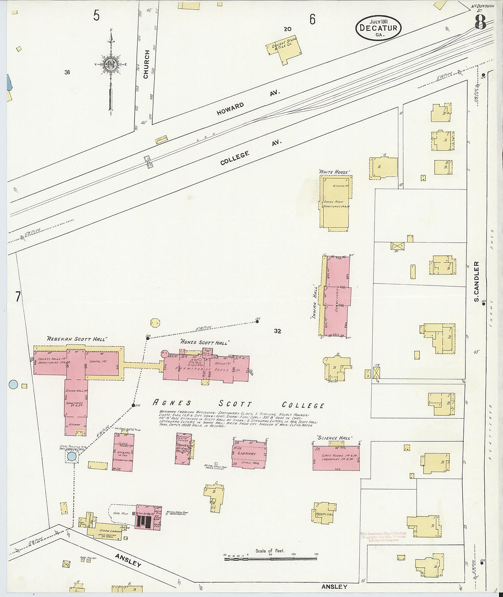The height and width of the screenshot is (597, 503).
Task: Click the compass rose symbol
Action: [x=110, y=65]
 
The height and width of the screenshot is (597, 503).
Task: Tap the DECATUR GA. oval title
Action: [x=378, y=27]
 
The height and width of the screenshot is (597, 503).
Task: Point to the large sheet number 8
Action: [x=480, y=22]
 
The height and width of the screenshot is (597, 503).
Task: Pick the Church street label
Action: [x=146, y=64]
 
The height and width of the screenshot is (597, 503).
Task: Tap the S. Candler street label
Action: [x=476, y=281]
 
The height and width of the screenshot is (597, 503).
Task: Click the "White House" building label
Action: [x=335, y=172]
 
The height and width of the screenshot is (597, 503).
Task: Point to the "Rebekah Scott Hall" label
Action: [x=76, y=339]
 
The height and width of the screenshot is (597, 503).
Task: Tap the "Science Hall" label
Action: [x=334, y=438]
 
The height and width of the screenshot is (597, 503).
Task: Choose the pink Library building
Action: [x=249, y=454]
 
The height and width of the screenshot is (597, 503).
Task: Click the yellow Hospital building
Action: [x=324, y=513]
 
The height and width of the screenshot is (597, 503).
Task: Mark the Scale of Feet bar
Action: [x=270, y=558]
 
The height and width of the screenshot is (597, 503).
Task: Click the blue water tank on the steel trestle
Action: [x=72, y=456]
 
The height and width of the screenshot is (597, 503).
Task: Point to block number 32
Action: [x=277, y=331]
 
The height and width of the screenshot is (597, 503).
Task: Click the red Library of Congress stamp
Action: [x=383, y=536]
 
